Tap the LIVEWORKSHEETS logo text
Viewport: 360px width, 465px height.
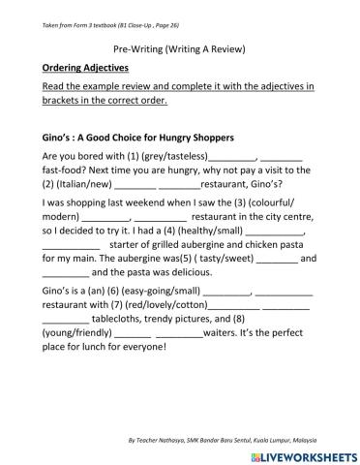coord(304,455)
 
